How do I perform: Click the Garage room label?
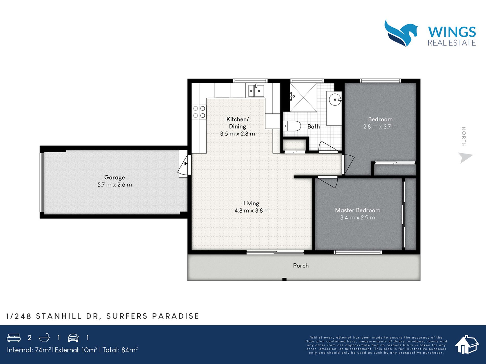coord(114,177)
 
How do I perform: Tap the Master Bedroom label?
coord(358,210)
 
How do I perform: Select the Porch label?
coord(301,266)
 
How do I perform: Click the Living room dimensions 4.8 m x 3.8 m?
coord(252,211)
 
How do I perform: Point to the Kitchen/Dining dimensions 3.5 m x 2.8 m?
coord(238,134)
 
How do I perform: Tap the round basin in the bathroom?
coord(335,99)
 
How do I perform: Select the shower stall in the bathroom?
coord(303,97)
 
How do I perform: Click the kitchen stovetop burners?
coord(199,112)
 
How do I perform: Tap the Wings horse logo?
coord(401,33)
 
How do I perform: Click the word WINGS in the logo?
coord(452,32)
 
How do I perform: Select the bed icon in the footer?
coord(14,338)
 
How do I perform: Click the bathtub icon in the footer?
coord(44,338)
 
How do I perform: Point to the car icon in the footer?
coord(73,338)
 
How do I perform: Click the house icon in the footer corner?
coord(467,345)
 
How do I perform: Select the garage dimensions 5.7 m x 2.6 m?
coord(115,185)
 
